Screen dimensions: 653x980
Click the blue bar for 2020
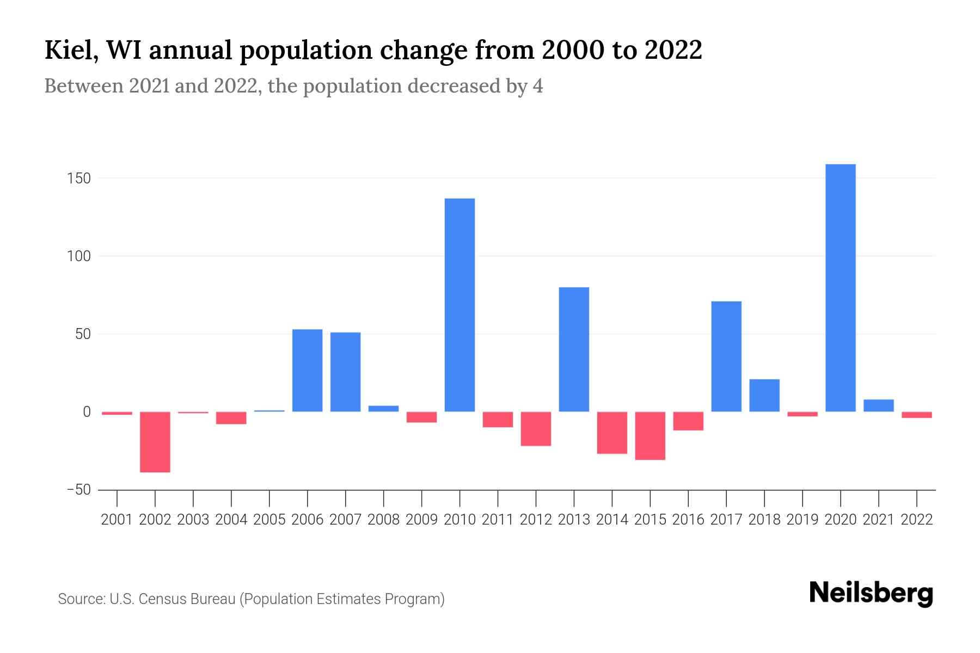pyautogui.click(x=840, y=288)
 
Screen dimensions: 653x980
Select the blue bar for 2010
pyautogui.click(x=460, y=305)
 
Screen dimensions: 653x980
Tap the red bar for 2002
pyautogui.click(x=155, y=442)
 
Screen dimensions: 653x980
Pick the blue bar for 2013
pyautogui.click(x=574, y=349)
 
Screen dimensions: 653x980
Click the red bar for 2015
pyautogui.click(x=650, y=436)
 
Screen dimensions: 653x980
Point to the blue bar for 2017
pyautogui.click(x=726, y=356)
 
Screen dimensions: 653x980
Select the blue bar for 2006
pyautogui.click(x=307, y=371)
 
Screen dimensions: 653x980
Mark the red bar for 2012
pyautogui.click(x=536, y=429)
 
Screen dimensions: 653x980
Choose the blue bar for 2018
pyautogui.click(x=764, y=396)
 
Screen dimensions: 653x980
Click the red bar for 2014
pyautogui.click(x=612, y=433)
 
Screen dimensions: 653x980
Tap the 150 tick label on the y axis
pyautogui.click(x=79, y=178)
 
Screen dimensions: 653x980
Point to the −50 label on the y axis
pyautogui.click(x=78, y=490)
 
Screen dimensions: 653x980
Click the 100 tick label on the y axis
pyautogui.click(x=79, y=256)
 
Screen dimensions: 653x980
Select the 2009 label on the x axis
pyautogui.click(x=421, y=520)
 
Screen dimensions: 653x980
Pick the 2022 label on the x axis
pyautogui.click(x=917, y=520)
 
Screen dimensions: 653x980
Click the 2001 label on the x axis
pyautogui.click(x=117, y=520)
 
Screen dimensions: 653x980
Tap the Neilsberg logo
pyautogui.click(x=871, y=594)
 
